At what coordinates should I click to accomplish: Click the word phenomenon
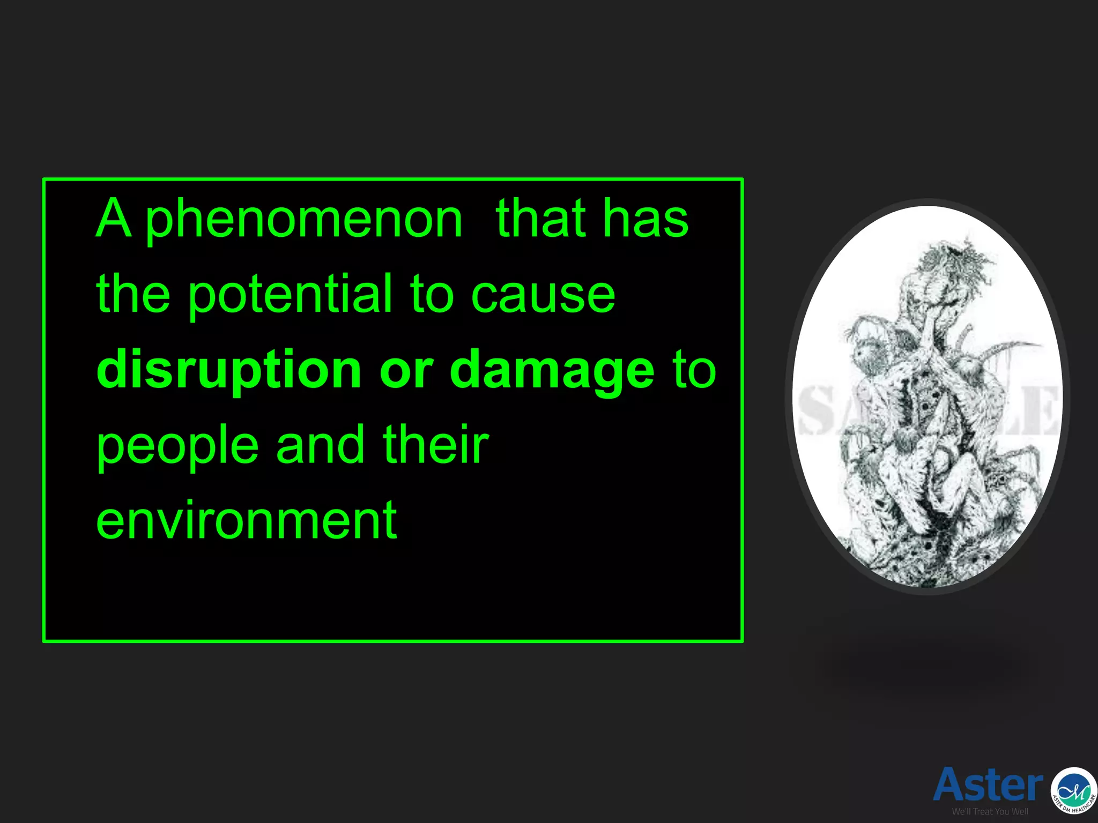pos(304,220)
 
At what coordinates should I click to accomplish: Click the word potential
pos(290,295)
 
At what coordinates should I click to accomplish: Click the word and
pos(320,445)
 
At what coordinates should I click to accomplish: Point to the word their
pos(435,445)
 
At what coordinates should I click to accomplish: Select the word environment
pos(247,520)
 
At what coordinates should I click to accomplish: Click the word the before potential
pos(133,295)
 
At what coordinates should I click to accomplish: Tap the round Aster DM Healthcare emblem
pos(1073,790)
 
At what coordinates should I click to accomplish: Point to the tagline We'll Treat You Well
pos(990,812)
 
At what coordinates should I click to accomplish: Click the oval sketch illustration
pos(928,396)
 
